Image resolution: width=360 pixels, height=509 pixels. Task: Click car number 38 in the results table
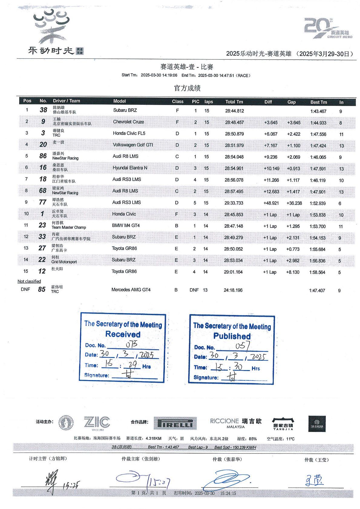(44, 110)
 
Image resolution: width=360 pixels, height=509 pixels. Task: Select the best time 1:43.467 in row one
(318, 111)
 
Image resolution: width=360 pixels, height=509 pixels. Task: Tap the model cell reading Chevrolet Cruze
(129, 122)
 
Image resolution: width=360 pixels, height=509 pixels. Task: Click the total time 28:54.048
(234, 157)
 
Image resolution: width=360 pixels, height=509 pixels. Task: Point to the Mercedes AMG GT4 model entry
(131, 290)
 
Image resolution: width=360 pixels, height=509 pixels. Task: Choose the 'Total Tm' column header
(234, 102)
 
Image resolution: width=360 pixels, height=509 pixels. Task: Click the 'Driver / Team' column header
(67, 101)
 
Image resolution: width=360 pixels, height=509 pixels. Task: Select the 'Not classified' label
(29, 281)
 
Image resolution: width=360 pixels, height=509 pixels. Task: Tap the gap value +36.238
(294, 203)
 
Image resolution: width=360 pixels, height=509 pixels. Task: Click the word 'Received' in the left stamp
(123, 334)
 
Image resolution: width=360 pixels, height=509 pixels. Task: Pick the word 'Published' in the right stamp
(232, 336)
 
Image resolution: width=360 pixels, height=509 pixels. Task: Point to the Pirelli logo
(175, 423)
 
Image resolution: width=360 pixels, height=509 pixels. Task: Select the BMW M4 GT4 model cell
(126, 225)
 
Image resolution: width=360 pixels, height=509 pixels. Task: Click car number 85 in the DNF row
(42, 289)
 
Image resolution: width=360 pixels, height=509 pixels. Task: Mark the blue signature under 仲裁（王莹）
(314, 480)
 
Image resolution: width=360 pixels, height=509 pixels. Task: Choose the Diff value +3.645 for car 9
(270, 123)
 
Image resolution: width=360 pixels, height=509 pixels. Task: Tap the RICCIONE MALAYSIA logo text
(224, 423)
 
